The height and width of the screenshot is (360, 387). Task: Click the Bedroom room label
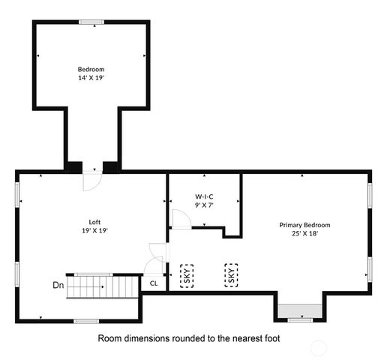coord(91,69)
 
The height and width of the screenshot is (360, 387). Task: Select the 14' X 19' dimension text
coord(91,77)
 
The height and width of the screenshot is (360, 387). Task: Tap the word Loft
coord(94,222)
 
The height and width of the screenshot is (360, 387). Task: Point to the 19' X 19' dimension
coord(94,231)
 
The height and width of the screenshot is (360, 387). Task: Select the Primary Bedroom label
coord(304,225)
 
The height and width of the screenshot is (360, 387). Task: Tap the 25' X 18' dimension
coord(304,233)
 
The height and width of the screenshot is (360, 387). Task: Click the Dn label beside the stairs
coord(58,285)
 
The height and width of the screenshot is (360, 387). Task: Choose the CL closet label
coord(154,283)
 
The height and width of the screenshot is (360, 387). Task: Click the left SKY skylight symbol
coord(186,275)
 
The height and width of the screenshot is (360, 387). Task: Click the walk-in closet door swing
coord(181,218)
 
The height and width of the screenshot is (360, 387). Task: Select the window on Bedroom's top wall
coord(91,22)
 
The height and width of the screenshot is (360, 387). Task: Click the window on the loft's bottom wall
coord(86,321)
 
